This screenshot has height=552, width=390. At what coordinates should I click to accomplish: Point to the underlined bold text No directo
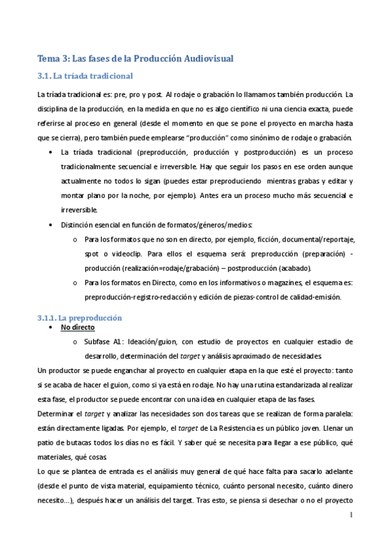77,328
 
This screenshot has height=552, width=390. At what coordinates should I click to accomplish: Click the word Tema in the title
48,59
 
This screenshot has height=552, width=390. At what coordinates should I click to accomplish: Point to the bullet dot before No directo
51,328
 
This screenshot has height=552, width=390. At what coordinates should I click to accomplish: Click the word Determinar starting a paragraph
56,414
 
